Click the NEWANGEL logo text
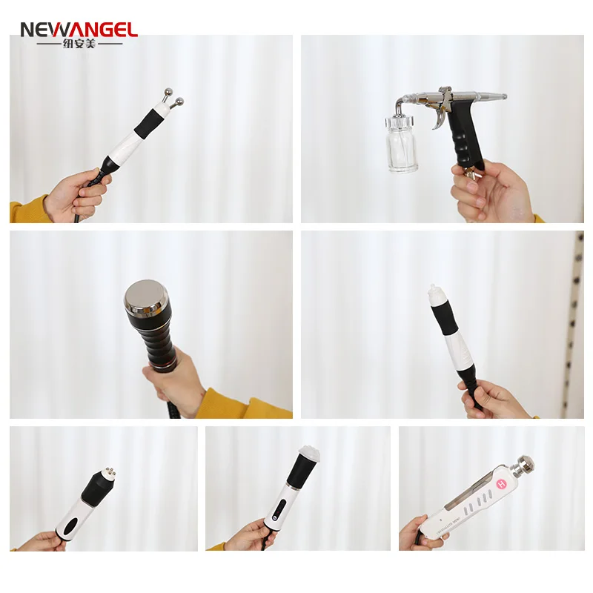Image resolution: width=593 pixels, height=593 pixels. coord(78,30)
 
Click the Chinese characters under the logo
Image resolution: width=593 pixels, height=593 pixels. coord(78,44)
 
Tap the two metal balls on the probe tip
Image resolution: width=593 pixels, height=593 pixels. coord(172,98)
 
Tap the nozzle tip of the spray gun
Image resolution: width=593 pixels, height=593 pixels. coord(503,96)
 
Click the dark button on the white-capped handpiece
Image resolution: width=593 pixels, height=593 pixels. coord(281,510)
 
